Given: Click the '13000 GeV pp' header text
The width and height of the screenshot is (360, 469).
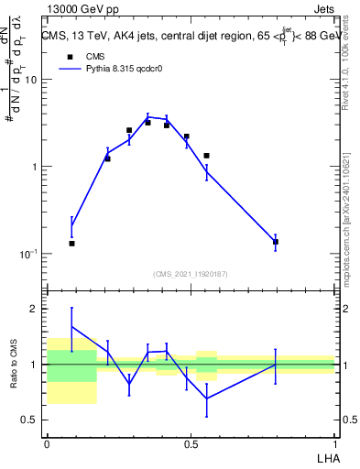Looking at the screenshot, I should [81, 8].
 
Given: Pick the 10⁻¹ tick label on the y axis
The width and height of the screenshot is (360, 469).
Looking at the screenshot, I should [30, 254].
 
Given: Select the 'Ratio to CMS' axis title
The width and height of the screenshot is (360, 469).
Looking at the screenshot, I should [13, 365].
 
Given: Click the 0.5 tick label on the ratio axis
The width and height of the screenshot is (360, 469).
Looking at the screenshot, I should [31, 420].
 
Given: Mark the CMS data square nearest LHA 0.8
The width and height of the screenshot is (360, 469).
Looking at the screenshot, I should [276, 242].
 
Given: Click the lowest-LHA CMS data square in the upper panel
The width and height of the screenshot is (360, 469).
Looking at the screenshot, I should [71, 244].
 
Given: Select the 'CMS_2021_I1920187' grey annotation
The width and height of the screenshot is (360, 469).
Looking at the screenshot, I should [191, 274].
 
